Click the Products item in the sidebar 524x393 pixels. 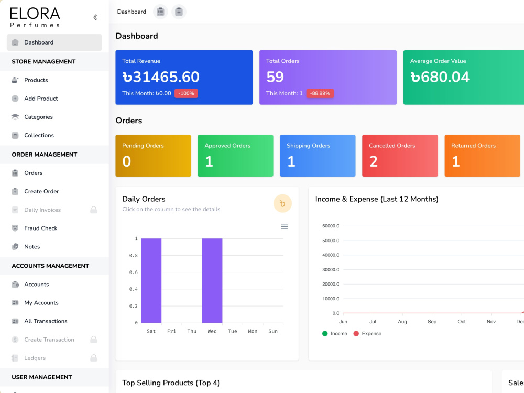click(36, 80)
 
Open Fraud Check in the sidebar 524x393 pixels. click(40, 228)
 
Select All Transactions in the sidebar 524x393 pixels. click(46, 321)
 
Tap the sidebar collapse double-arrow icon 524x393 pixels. click(95, 17)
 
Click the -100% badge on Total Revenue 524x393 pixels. click(186, 93)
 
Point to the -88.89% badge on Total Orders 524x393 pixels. click(320, 93)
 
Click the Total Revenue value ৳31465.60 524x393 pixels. click(161, 77)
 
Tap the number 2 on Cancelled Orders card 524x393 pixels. click(373, 161)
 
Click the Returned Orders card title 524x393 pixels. click(473, 146)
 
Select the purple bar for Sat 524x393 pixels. click(151, 281)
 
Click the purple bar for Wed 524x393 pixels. click(212, 281)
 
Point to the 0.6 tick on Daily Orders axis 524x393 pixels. click(133, 272)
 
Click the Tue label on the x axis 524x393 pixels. click(233, 331)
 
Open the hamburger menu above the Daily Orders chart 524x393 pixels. click(285, 226)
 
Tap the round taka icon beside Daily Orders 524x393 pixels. click(282, 203)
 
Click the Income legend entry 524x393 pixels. click(334, 333)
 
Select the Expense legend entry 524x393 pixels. click(367, 333)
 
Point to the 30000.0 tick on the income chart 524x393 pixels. click(331, 270)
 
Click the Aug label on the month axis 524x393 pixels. click(402, 322)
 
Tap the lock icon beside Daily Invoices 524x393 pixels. click(94, 210)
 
